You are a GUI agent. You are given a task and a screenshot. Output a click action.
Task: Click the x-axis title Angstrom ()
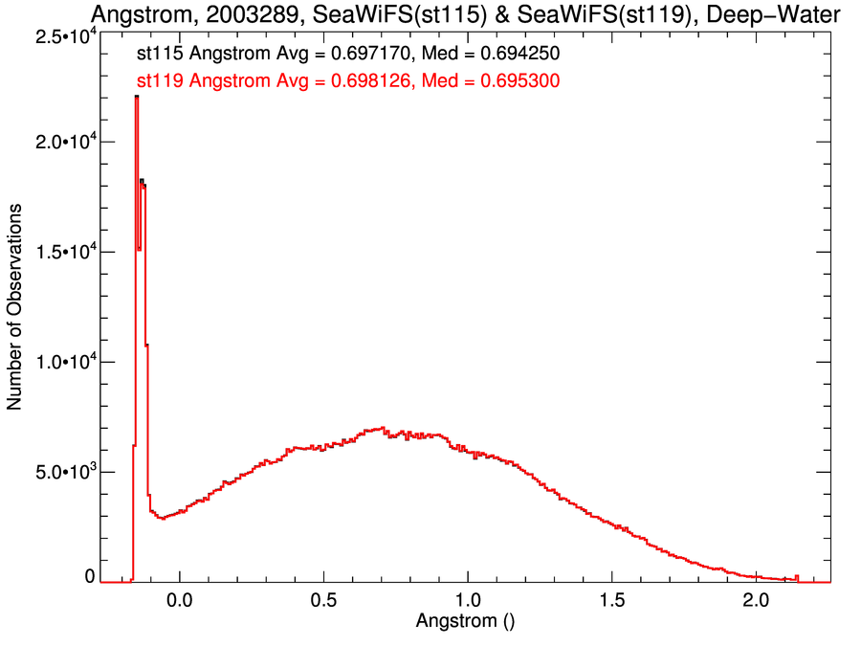click(466, 620)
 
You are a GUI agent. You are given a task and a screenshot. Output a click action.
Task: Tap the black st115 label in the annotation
click(160, 55)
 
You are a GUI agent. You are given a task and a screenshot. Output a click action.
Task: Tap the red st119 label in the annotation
click(160, 82)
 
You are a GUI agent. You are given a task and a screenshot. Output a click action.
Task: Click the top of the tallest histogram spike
click(137, 97)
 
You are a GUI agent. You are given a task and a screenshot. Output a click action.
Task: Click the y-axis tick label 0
click(90, 576)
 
